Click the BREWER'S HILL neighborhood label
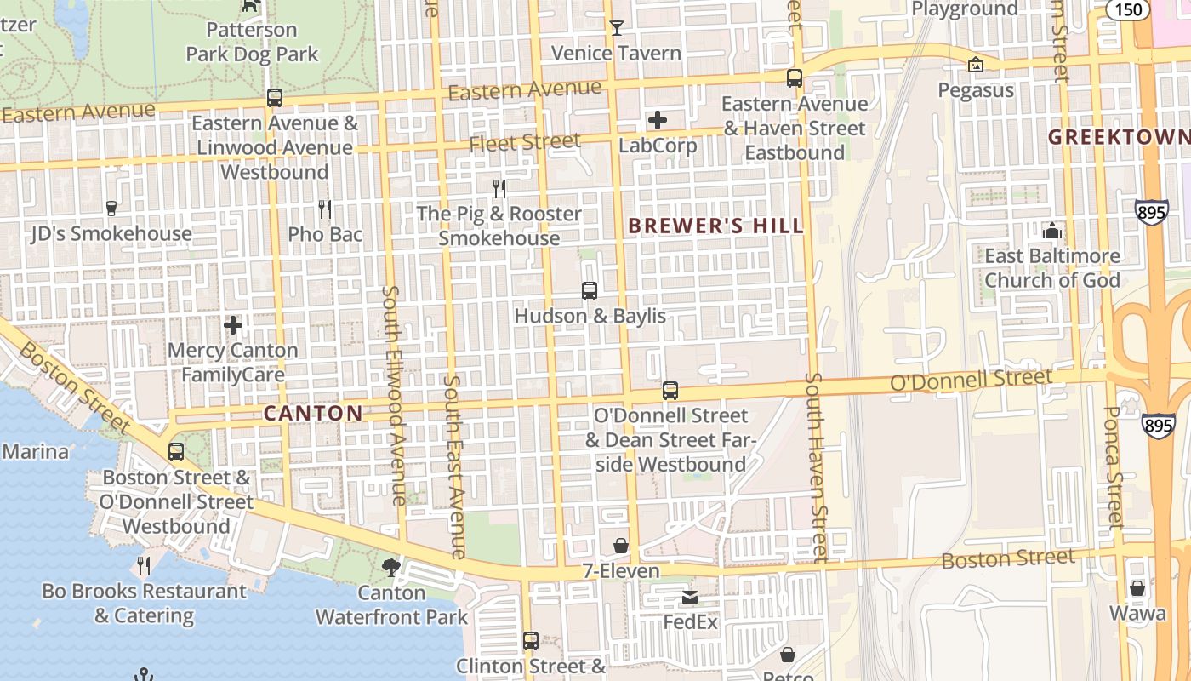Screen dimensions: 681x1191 [715, 226]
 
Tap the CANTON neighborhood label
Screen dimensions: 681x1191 [313, 414]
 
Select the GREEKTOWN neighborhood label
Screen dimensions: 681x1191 [1118, 137]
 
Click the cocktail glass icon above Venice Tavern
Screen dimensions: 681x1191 [617, 28]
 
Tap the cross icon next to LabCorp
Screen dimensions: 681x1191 [658, 120]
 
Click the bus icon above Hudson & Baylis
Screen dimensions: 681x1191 [590, 291]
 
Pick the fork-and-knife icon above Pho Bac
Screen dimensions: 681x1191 [324, 209]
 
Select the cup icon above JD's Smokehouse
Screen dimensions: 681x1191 [111, 208]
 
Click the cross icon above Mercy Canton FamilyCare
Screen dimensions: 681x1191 [233, 325]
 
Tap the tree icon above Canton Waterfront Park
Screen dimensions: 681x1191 [391, 567]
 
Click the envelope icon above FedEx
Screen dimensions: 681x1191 [690, 598]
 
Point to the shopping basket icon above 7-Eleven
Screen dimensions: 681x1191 [621, 546]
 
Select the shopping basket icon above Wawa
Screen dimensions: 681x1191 [1137, 588]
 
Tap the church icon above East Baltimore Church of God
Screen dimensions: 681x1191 [1052, 231]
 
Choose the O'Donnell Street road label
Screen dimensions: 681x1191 [970, 380]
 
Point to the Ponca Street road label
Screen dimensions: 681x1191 [1114, 466]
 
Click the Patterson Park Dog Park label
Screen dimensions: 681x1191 [252, 42]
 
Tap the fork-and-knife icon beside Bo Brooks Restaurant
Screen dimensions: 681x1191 [145, 565]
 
